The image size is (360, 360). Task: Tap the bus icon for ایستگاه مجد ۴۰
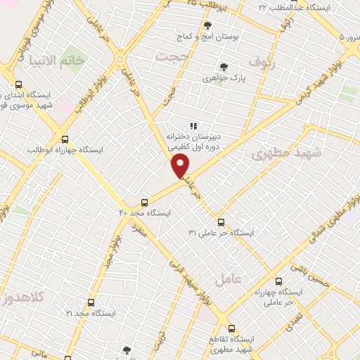click(145, 200)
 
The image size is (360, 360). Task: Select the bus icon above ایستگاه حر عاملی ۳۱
click(221, 222)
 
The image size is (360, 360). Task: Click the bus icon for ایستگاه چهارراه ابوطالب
click(65, 139)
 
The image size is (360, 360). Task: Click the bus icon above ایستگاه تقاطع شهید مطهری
click(231, 328)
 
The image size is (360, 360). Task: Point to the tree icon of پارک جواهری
click(224, 67)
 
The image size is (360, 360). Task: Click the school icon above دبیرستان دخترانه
click(193, 126)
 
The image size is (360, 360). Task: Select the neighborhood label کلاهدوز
click(22, 296)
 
